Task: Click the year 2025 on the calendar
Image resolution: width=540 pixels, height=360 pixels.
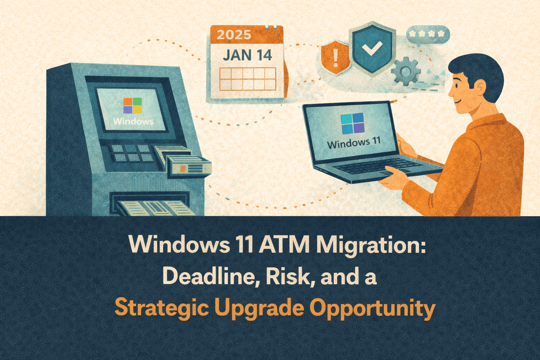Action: click(x=234, y=34)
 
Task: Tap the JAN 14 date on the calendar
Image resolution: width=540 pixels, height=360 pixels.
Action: click(x=247, y=55)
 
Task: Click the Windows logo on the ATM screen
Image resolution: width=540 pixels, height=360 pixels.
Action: click(x=133, y=105)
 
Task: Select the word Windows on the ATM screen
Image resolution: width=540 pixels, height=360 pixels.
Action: click(x=133, y=121)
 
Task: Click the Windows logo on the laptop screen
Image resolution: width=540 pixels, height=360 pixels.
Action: click(x=353, y=123)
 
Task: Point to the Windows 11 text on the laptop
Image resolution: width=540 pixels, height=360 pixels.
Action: click(x=354, y=143)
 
